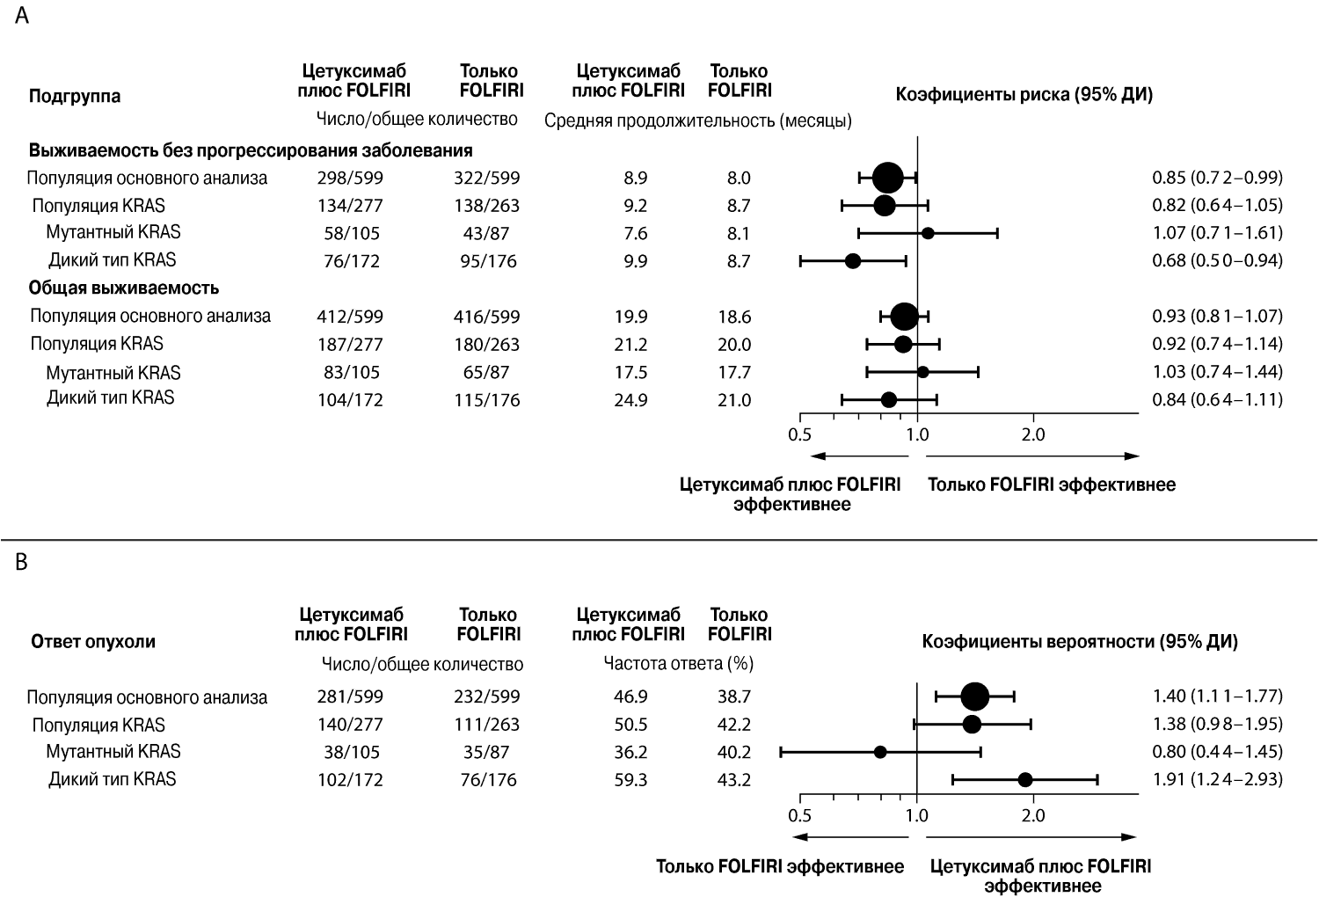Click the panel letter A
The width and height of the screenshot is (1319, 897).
coord(22,15)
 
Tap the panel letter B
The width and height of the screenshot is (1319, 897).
coord(21,563)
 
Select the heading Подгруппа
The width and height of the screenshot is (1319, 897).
coord(75,96)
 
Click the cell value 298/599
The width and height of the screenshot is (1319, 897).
coord(350,178)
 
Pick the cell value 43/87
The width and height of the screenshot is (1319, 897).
coord(485,233)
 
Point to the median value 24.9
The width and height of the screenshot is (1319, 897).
coord(630,400)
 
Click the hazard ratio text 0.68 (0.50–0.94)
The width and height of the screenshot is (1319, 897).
coord(1217,260)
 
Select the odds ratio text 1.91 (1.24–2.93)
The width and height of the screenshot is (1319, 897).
coord(1217,779)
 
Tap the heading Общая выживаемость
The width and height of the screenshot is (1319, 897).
coord(124,288)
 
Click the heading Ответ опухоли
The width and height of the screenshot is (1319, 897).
coord(93,641)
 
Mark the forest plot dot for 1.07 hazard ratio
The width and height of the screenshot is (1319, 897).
coord(928,233)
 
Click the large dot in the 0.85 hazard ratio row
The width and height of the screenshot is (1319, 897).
coord(887,178)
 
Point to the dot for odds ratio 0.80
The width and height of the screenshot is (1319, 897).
coord(879,752)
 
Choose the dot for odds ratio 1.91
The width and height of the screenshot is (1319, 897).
coord(1025,780)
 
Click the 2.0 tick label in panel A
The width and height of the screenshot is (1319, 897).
coord(1033,435)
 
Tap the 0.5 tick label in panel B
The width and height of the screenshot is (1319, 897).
coord(799,816)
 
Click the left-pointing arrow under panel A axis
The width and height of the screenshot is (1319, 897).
coord(859,456)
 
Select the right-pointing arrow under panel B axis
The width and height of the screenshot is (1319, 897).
coord(1031,837)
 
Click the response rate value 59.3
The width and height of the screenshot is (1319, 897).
coord(630,780)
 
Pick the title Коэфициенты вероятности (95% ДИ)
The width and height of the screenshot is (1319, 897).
coord(1080,641)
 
